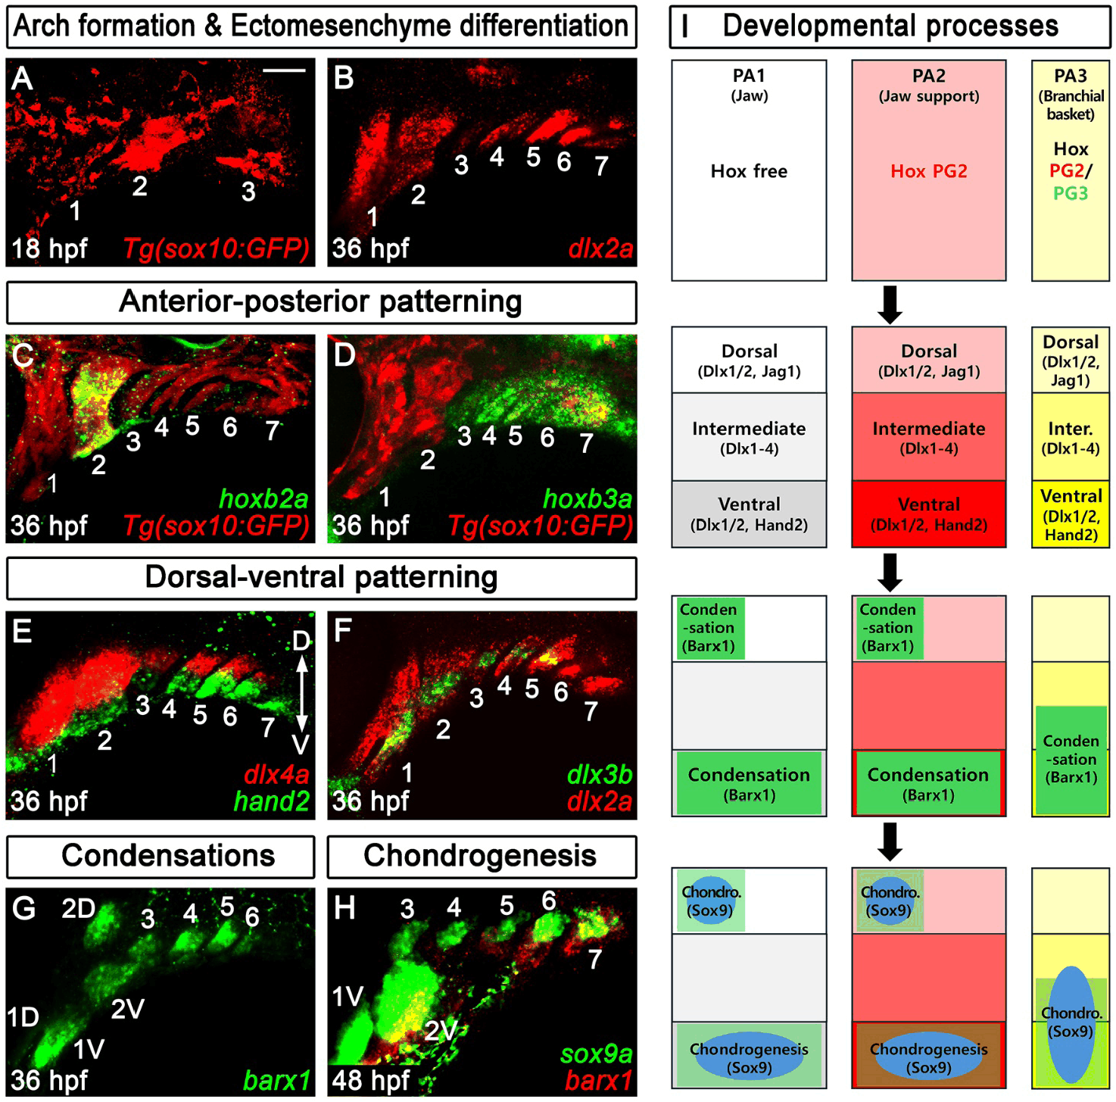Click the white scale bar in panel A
[284, 70]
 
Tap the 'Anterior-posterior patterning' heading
[320, 302]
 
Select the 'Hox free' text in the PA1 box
[749, 171]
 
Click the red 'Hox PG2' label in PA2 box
[928, 171]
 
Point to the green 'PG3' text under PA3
[1071, 193]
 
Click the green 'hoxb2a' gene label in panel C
[263, 499]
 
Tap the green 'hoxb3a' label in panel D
[588, 499]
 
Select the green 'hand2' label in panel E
[272, 801]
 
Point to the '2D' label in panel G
[78, 908]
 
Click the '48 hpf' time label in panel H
[371, 1080]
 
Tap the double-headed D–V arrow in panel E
[301, 694]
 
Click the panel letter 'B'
[344, 78]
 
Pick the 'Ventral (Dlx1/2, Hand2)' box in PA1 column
[749, 514]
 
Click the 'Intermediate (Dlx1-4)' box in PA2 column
[928, 438]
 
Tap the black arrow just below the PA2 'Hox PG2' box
[890, 304]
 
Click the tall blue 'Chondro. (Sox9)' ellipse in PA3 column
[1071, 1024]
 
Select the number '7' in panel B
[602, 166]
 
